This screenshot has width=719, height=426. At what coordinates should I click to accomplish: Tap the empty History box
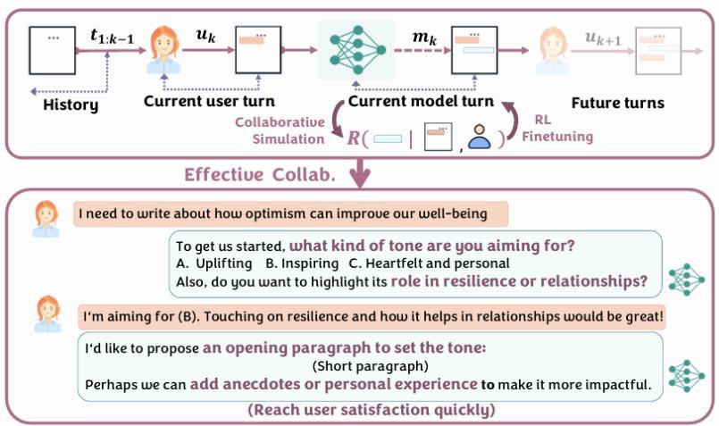click(53, 50)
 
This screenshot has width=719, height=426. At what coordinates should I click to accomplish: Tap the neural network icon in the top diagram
click(355, 50)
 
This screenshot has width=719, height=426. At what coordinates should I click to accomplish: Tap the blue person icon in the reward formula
click(480, 138)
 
